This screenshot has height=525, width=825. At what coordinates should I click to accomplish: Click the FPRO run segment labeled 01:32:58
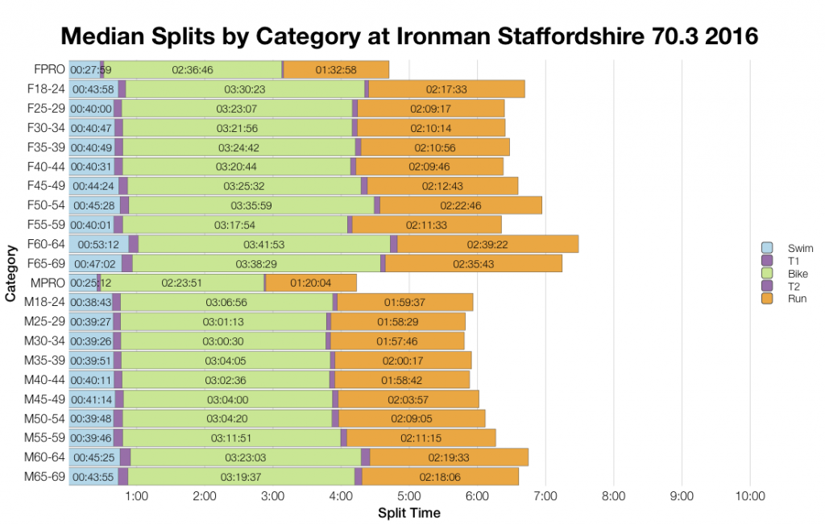point(336,70)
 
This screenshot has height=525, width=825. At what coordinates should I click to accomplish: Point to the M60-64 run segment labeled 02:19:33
point(449,457)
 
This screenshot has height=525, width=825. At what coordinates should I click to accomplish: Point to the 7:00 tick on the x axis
point(545,495)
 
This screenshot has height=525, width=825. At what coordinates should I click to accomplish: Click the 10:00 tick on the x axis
point(750,495)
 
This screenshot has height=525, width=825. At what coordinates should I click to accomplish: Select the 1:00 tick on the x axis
point(136,495)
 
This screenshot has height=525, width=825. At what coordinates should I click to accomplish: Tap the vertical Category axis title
point(10,274)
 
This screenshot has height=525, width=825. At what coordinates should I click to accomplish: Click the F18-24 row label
point(46,89)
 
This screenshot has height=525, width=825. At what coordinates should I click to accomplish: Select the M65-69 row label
point(45,477)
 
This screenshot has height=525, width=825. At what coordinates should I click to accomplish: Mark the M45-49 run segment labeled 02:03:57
point(409,399)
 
